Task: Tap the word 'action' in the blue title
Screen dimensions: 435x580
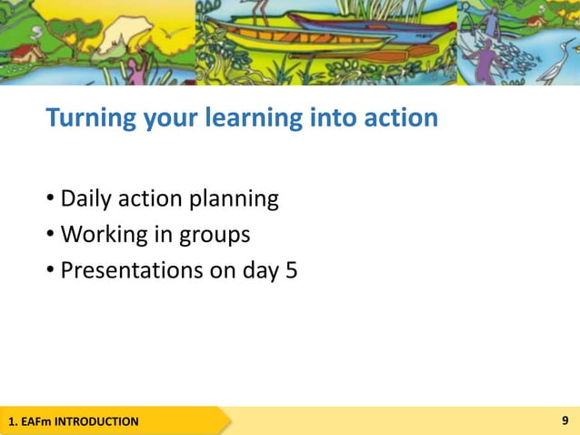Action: pyautogui.click(x=399, y=118)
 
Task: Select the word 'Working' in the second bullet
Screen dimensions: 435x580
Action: pyautogui.click(x=96, y=235)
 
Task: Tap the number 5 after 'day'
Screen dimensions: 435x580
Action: pyautogui.click(x=292, y=270)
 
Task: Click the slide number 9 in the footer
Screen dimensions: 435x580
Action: pyautogui.click(x=566, y=420)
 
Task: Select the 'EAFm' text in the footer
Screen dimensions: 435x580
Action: pyautogui.click(x=36, y=421)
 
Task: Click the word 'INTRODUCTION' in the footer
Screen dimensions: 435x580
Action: pyautogui.click(x=97, y=421)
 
